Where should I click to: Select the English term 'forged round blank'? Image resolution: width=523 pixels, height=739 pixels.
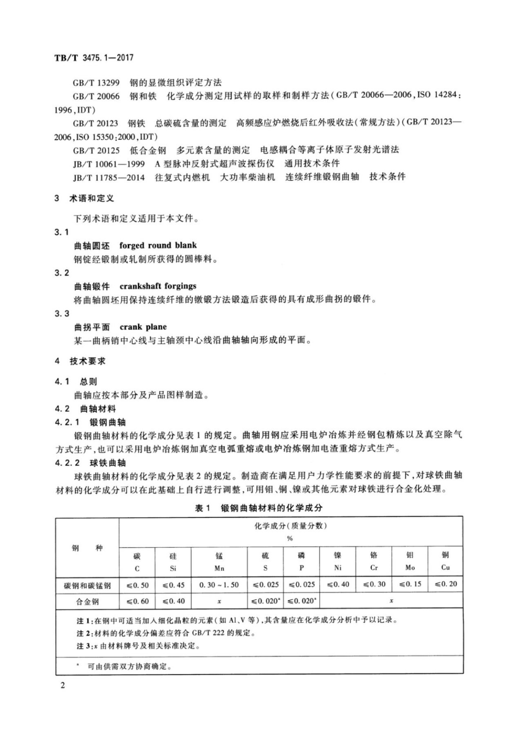coord(158,246)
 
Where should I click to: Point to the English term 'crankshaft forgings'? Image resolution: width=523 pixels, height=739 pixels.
coord(158,286)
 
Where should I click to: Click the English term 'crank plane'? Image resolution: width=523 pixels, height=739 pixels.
coord(143,327)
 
